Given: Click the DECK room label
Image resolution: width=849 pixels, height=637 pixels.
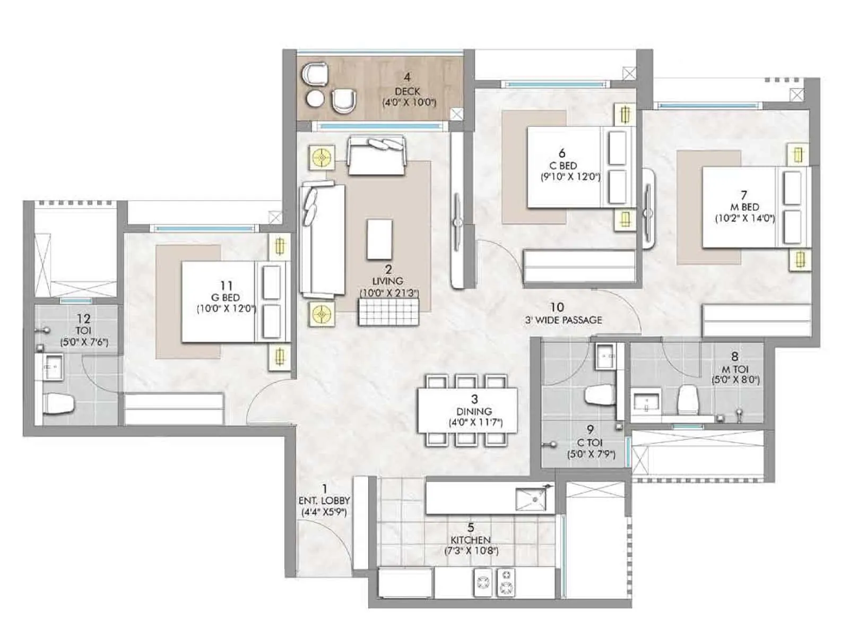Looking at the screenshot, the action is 407,91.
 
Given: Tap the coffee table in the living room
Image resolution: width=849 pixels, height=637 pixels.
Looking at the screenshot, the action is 380,239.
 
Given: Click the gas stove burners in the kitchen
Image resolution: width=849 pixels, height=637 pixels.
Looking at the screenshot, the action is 495,582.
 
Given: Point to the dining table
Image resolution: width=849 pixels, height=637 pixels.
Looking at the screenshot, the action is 467,411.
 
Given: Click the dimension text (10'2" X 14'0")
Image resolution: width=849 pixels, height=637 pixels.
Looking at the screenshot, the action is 744,218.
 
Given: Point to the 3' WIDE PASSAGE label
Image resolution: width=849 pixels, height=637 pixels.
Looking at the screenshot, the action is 564,320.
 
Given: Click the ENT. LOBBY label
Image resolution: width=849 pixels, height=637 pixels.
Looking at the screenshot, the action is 324,501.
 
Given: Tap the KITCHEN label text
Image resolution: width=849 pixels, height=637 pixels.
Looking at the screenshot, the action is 471,540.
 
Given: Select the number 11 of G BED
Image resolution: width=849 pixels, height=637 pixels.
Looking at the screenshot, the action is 227,286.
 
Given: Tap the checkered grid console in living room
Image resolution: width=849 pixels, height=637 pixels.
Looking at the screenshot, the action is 388,312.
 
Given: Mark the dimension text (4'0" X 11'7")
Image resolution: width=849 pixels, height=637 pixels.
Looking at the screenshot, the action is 475,423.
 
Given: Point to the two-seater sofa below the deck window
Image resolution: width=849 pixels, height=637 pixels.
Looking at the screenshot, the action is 376,156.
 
